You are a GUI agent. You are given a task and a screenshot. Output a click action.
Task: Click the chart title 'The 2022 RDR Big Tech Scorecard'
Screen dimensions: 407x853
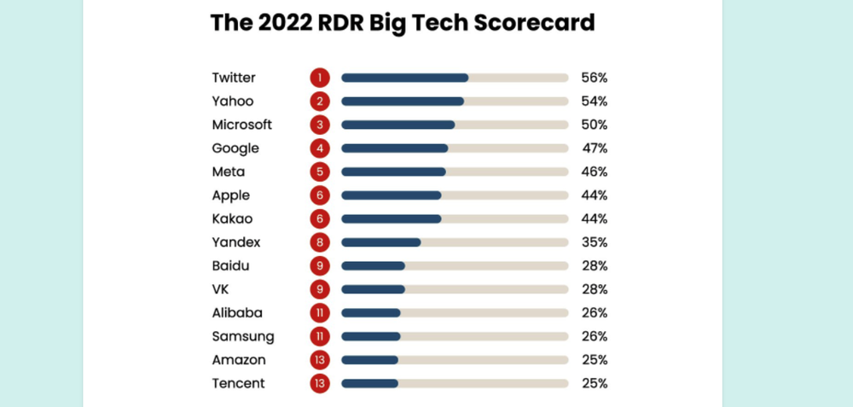coord(402,23)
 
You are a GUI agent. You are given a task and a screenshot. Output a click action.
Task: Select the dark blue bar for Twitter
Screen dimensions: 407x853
coord(404,78)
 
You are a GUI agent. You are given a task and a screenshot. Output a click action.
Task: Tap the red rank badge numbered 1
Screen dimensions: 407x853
coord(319,78)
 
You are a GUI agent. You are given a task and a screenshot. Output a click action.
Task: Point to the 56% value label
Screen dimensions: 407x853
coord(594,78)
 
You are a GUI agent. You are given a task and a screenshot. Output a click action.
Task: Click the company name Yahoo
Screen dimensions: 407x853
coord(233,102)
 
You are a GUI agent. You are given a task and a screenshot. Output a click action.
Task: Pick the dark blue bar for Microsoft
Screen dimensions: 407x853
coord(397,125)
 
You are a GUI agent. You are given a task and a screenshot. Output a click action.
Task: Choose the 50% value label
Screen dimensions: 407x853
coord(594,125)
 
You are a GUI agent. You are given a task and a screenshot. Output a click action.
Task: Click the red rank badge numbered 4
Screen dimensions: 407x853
coord(319,148)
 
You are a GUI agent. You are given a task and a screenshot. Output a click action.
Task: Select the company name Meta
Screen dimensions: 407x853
coord(229,172)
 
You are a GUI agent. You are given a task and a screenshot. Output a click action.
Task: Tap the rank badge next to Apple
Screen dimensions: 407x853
coord(319,195)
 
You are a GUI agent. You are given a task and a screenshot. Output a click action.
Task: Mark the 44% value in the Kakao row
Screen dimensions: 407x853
coord(594,219)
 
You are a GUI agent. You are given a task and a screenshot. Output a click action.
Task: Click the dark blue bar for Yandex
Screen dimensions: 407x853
coord(380,242)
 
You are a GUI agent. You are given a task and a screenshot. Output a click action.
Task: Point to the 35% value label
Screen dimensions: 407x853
coord(594,242)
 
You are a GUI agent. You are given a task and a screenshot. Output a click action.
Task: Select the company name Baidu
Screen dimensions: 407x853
coord(232,266)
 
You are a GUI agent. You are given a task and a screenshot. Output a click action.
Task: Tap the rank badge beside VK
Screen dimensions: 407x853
coord(319,289)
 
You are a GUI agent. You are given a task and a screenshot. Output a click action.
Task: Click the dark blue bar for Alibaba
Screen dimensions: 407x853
coord(371,313)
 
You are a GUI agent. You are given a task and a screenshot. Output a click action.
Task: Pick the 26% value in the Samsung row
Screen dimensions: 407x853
coord(594,337)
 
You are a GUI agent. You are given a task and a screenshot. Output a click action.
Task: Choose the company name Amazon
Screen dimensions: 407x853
coord(239,360)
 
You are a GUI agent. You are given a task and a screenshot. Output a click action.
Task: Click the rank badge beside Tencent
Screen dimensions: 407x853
coord(319,384)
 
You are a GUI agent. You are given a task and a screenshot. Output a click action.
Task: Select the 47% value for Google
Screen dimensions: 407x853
coord(594,148)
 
